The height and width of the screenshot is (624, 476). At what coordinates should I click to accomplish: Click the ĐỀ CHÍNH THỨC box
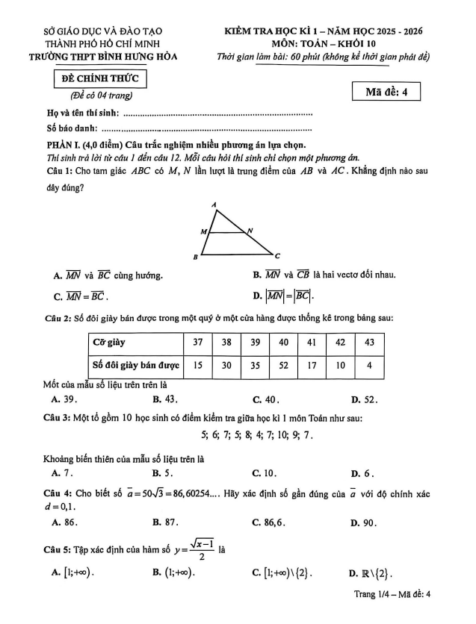(100, 79)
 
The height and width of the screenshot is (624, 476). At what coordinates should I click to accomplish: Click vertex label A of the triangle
(214, 204)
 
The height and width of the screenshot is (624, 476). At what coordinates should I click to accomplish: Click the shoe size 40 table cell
(284, 343)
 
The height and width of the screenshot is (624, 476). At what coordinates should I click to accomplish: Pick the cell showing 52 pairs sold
(284, 366)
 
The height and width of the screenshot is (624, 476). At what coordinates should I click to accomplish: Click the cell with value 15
(198, 366)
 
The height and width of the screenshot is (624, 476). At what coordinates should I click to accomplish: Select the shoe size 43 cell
(368, 343)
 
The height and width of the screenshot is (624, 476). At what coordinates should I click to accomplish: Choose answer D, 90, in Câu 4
(363, 522)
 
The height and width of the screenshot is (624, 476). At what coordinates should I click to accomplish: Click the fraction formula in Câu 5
(198, 552)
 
